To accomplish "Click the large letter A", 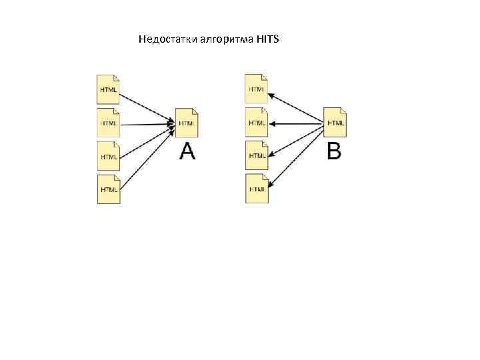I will (187, 153).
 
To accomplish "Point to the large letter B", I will (335, 152).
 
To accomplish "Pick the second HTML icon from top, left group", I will (109, 122).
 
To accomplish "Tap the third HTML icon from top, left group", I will (109, 155).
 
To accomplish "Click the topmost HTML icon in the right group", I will (257, 87).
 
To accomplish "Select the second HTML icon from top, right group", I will (257, 122).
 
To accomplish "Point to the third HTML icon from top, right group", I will (257, 155).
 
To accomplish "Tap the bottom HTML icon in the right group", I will (257, 188).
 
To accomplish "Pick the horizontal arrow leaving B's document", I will (297, 123).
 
